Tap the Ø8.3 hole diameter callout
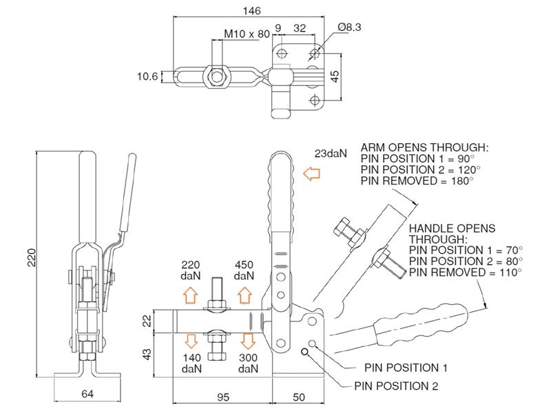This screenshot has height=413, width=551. [x=350, y=27]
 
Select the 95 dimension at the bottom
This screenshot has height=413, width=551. [x=222, y=396]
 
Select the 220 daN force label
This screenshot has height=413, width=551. [x=191, y=270]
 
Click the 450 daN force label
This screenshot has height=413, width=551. [x=244, y=270]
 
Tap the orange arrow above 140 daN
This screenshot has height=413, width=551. [x=191, y=339]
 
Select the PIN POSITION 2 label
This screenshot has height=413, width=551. [x=396, y=386]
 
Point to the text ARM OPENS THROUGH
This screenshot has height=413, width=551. [x=424, y=147]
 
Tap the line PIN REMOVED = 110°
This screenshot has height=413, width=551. [x=466, y=273]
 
